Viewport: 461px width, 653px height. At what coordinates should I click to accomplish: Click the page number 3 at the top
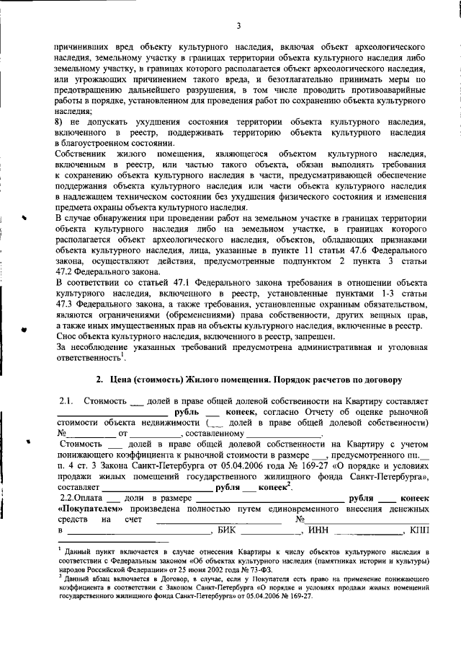coord(238,27)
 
